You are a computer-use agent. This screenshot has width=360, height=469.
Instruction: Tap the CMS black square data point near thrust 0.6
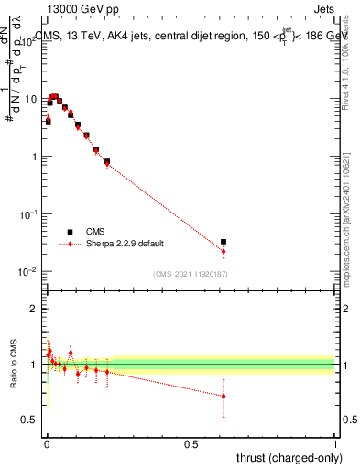coord(224,242)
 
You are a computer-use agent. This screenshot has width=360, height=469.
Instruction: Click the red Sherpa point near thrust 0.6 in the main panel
coord(224,251)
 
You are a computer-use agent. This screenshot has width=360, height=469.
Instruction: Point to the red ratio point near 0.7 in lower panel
coord(224,397)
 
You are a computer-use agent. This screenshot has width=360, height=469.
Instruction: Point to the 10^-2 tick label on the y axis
coord(28,271)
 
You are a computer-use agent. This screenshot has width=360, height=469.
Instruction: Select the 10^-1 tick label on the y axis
coord(28,213)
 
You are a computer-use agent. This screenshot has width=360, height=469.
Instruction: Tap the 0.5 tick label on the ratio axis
coord(30,420)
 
